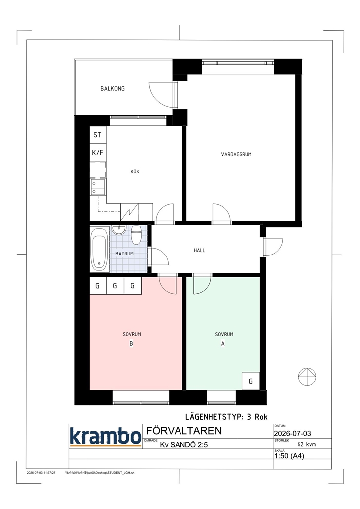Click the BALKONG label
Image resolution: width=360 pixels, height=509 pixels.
pyautogui.click(x=112, y=88)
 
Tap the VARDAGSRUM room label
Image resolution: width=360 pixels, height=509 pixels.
pyautogui.click(x=236, y=154)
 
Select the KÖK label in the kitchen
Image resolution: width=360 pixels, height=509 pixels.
pyautogui.click(x=135, y=171)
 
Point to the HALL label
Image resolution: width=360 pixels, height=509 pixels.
pyautogui.click(x=199, y=250)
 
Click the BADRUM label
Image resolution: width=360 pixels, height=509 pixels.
pyautogui.click(x=124, y=253)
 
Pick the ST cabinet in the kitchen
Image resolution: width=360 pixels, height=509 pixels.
pyautogui.click(x=98, y=135)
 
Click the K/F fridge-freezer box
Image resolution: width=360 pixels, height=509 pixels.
pyautogui.click(x=98, y=152)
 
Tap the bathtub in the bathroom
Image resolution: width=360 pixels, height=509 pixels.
pyautogui.click(x=99, y=249)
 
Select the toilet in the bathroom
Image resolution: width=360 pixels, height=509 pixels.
pyautogui.click(x=136, y=235)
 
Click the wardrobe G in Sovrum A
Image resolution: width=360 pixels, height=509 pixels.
pyautogui.click(x=251, y=381)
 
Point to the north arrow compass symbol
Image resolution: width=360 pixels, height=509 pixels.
pyautogui.click(x=307, y=377)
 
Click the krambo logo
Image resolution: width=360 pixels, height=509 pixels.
pyautogui.click(x=105, y=436)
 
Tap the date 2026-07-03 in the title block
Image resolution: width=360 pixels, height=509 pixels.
pyautogui.click(x=292, y=433)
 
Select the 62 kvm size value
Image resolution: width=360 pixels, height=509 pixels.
pyautogui.click(x=307, y=444)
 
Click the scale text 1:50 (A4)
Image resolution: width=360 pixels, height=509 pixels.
pyautogui.click(x=289, y=456)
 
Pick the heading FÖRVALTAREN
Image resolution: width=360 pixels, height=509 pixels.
pyautogui.click(x=184, y=431)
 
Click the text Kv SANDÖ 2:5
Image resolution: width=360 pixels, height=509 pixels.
pyautogui.click(x=184, y=445)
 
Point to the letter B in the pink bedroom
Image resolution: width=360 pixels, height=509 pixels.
pyautogui.click(x=131, y=344)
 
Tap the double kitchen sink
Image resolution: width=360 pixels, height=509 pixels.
pyautogui.click(x=98, y=187)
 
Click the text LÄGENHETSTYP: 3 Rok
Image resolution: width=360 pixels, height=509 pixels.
pyautogui.click(x=226, y=417)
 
